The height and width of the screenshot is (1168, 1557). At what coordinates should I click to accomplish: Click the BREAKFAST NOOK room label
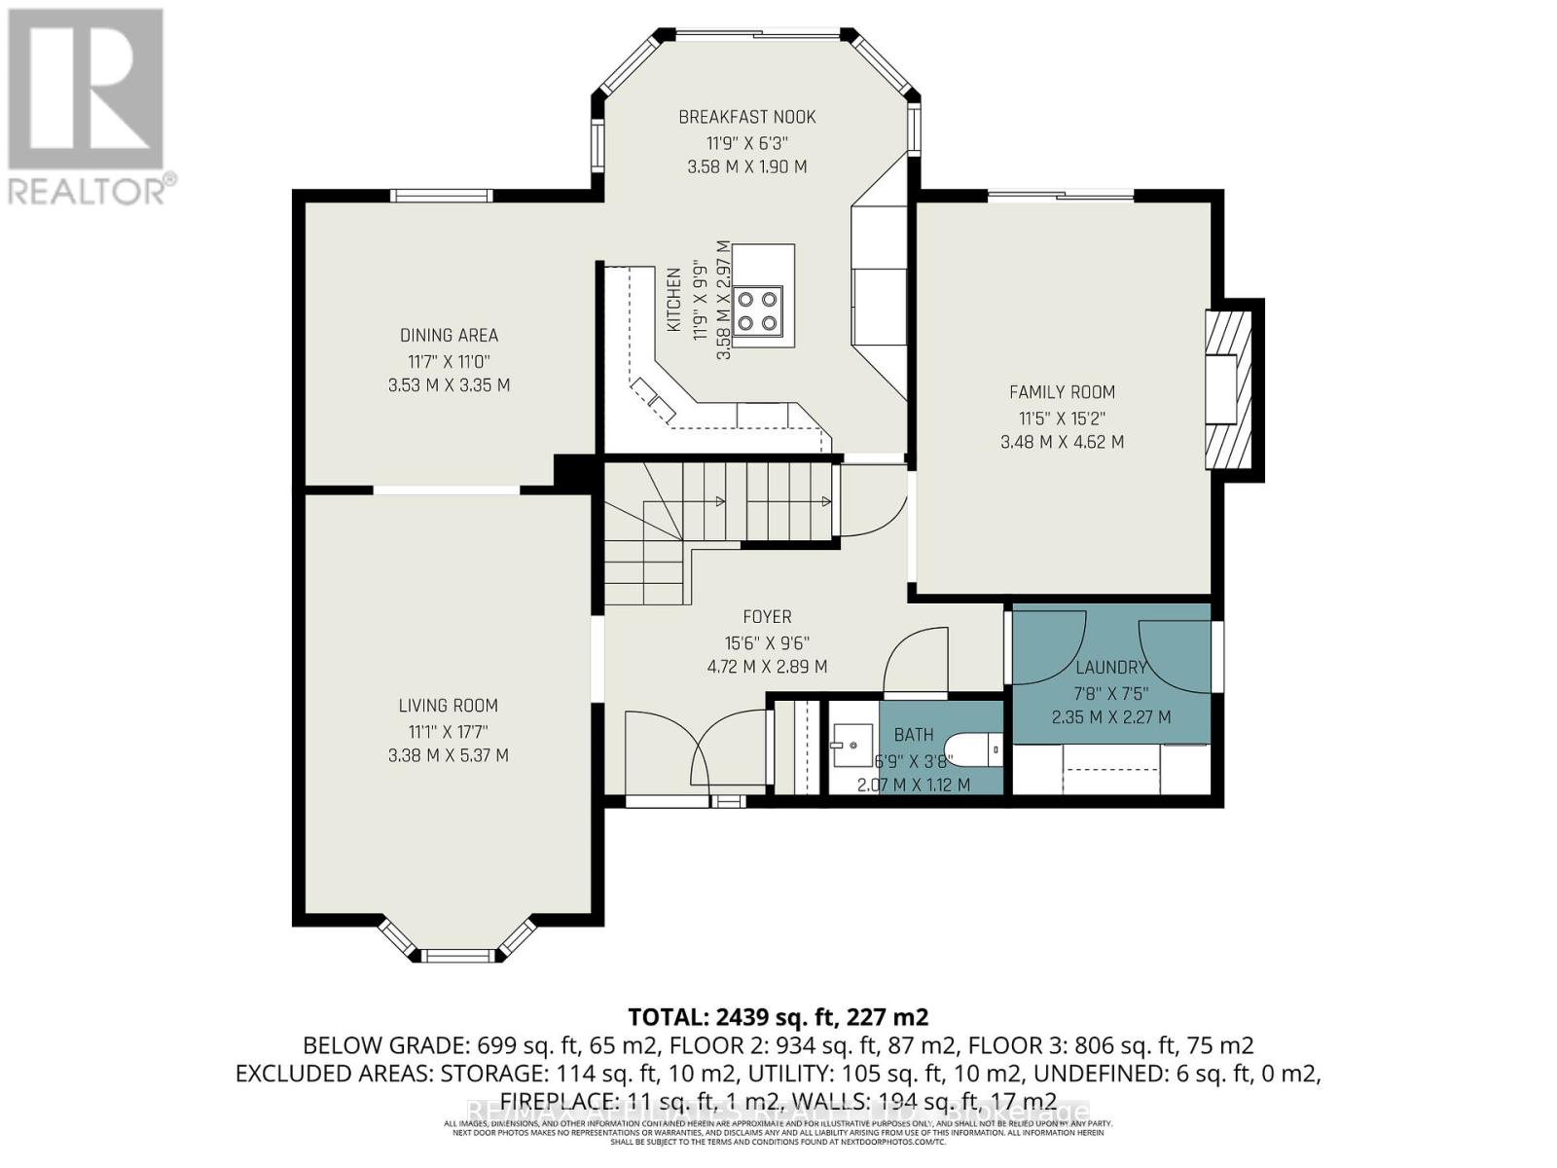(x=746, y=117)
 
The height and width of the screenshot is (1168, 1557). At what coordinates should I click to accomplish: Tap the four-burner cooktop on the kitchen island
(x=758, y=310)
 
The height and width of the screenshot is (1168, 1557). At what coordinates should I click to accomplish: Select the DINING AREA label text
(x=449, y=335)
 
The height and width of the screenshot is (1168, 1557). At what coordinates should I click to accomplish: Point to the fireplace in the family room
(x=1228, y=390)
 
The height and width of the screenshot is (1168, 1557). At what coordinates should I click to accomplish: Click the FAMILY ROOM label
(x=1062, y=392)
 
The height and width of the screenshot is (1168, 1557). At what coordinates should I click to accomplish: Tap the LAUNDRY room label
(x=1110, y=668)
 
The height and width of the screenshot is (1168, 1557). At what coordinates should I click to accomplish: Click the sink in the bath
(x=849, y=745)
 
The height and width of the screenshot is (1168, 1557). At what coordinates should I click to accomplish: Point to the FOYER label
(x=767, y=617)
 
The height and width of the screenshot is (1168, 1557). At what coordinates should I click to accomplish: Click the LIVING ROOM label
(x=448, y=706)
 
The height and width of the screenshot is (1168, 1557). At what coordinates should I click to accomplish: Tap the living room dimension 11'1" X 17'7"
(x=448, y=731)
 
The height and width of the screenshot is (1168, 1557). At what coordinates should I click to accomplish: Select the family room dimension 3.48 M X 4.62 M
(x=1062, y=442)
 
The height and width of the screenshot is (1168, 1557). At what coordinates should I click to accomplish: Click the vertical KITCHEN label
(x=673, y=300)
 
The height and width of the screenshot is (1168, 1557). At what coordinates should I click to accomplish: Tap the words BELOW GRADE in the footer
(x=385, y=1045)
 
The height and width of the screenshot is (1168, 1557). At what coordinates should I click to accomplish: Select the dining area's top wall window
(x=441, y=196)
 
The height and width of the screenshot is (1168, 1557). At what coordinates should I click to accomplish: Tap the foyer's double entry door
(x=696, y=754)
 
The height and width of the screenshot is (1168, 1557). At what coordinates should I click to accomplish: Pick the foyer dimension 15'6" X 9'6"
(x=767, y=642)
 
